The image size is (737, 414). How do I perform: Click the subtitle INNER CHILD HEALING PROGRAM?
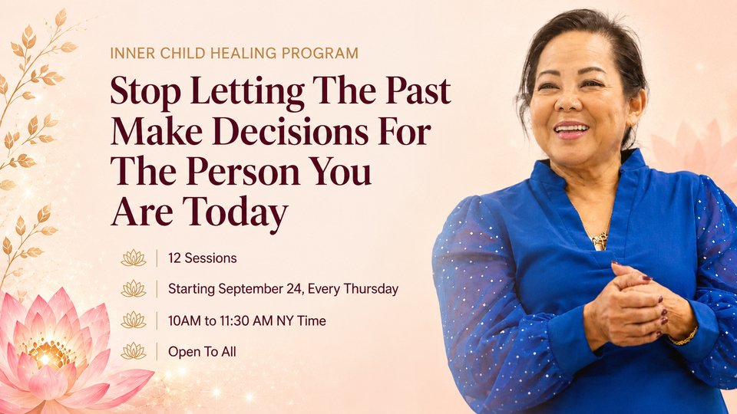(234, 53)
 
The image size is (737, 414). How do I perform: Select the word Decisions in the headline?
(290, 132)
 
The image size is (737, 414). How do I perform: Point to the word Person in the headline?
(243, 172)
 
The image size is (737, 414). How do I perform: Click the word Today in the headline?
(235, 213)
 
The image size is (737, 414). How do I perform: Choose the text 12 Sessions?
(203, 258)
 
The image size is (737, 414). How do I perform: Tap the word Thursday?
(371, 289)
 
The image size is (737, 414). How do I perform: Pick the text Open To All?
(202, 352)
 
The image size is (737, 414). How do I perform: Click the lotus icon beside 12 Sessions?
(134, 258)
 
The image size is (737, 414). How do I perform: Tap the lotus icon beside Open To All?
(134, 351)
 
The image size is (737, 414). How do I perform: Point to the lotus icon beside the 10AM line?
(134, 320)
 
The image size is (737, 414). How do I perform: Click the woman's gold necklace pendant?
(600, 241)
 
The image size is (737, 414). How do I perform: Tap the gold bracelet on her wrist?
(682, 337)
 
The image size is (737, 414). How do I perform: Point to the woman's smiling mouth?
(570, 130)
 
